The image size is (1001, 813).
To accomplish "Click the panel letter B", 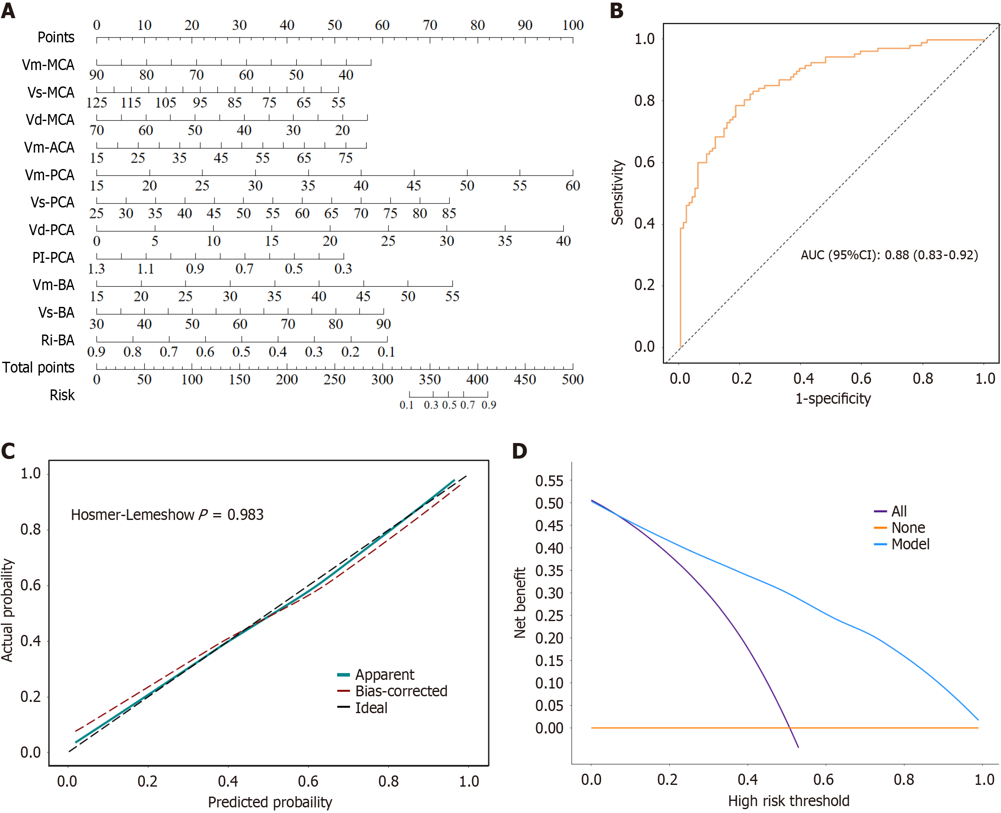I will [x=617, y=10].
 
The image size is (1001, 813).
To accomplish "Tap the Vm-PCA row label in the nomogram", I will [x=50, y=175].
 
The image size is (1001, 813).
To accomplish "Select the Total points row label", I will [x=38, y=368].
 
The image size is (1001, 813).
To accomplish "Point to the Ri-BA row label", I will [x=58, y=340].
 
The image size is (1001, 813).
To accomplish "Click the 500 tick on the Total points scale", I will [x=572, y=379].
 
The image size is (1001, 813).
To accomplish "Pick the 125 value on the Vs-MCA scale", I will [x=97, y=102].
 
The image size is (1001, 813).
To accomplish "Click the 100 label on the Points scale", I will [x=572, y=26].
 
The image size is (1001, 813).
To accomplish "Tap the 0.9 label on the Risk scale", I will [x=489, y=405].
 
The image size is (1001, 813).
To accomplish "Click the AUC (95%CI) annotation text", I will [x=889, y=255].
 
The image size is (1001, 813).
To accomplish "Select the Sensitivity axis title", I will [x=618, y=192].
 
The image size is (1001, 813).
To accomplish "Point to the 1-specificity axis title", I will [x=833, y=399].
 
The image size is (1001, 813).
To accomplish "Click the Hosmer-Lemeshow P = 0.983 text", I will [x=167, y=515].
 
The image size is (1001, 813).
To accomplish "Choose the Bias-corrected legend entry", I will [x=401, y=691].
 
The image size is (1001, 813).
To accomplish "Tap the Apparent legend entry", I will [x=384, y=675].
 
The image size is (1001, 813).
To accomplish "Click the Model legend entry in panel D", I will [x=910, y=544].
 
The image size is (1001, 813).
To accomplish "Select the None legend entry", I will [x=908, y=528].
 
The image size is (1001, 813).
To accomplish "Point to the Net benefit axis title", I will [x=520, y=603].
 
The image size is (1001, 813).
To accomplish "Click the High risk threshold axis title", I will [x=788, y=801].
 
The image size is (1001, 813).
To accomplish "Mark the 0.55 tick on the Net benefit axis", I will [x=550, y=481].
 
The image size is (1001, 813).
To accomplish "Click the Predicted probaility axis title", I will [x=270, y=802].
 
